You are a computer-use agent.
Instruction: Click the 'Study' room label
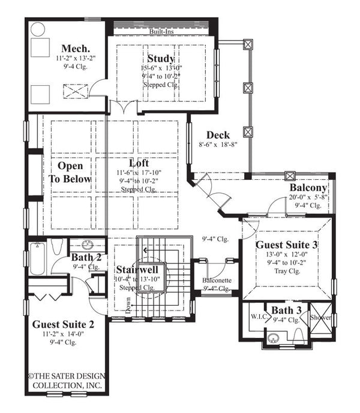pos(160,59)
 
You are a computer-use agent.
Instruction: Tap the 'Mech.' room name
pos(76,48)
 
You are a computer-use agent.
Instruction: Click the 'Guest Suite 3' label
pos(287,245)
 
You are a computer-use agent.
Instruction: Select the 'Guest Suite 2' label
pos(63,323)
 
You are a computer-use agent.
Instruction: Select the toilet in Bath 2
pos(58,247)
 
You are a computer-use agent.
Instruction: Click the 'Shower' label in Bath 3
pos(320,317)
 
